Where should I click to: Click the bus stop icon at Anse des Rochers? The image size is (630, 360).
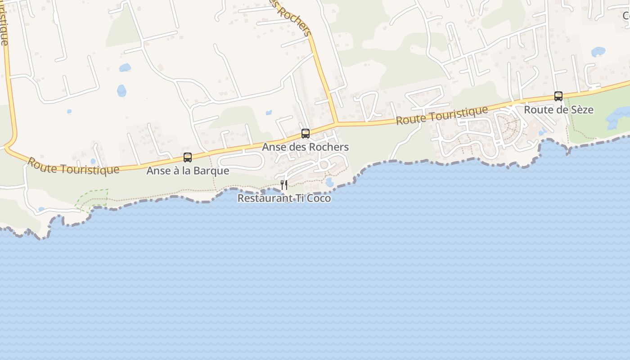pos(306,134)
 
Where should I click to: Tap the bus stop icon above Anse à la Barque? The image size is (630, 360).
pos(188,157)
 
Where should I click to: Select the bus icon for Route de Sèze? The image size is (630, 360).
pos(558,96)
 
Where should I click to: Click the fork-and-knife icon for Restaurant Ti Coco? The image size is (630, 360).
pos(284,184)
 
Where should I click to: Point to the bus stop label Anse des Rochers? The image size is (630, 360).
pos(306,147)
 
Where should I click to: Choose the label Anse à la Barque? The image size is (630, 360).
pos(188,171)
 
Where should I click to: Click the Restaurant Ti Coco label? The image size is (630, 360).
pos(284,198)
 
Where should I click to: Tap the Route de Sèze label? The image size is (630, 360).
pos(558,110)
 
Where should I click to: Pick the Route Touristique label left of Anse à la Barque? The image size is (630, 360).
pos(73,165)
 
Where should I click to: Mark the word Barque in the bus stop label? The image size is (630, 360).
pos(215,171)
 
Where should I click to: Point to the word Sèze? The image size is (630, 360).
pos(582,110)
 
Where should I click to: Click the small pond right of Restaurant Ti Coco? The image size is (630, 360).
pos(329,182)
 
